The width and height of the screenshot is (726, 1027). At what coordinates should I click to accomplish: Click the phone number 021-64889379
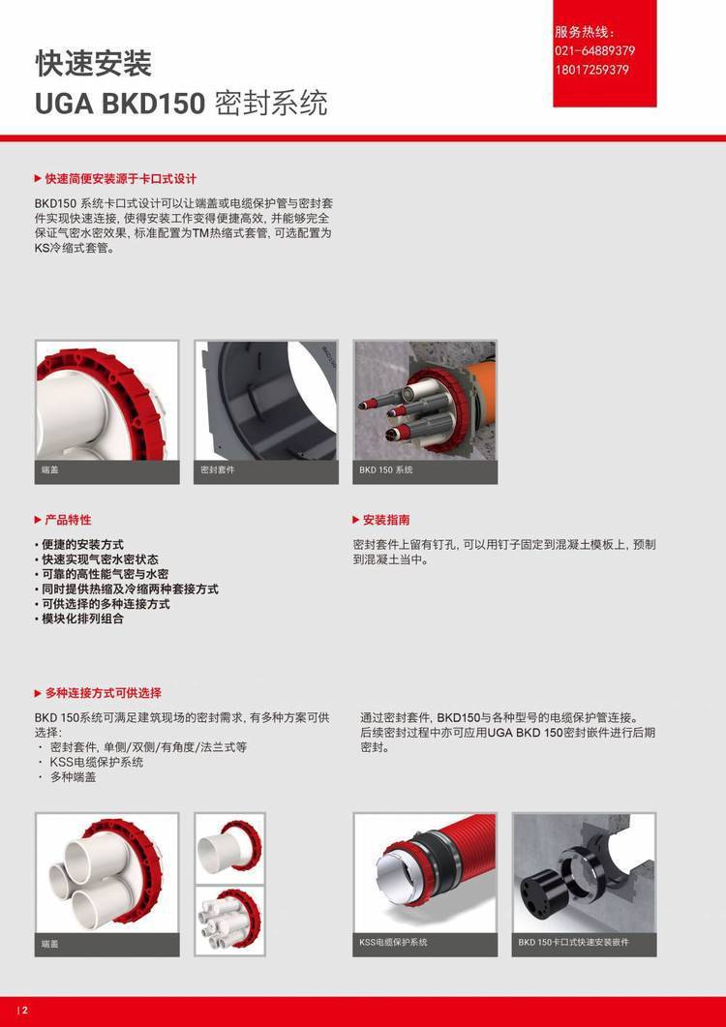(x=594, y=51)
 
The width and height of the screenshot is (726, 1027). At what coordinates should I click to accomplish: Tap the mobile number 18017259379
(x=591, y=70)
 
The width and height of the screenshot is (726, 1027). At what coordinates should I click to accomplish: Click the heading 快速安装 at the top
(x=93, y=64)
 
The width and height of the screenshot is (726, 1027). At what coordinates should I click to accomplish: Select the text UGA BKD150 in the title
(x=120, y=105)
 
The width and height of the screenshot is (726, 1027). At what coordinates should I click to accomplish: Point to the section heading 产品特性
(x=68, y=520)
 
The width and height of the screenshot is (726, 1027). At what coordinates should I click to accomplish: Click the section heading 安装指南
(x=386, y=520)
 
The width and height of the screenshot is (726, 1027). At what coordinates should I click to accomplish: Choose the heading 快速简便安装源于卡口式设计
(x=121, y=179)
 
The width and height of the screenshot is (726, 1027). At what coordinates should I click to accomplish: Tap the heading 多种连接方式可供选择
(x=103, y=693)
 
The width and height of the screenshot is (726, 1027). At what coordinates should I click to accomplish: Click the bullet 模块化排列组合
(x=82, y=619)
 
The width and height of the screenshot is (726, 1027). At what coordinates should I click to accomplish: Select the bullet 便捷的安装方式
(x=82, y=544)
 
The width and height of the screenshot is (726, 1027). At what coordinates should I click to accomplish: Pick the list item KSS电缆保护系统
(x=97, y=762)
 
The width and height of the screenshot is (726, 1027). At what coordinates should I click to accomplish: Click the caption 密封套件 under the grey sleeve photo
(x=218, y=469)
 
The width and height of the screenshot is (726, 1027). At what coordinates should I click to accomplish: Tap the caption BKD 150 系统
(x=386, y=469)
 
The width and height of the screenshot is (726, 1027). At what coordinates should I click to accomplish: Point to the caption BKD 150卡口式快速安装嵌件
(x=573, y=942)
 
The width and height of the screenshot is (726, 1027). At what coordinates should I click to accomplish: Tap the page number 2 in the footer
(x=25, y=1011)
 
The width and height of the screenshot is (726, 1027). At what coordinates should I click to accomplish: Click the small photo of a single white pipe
(x=230, y=848)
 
